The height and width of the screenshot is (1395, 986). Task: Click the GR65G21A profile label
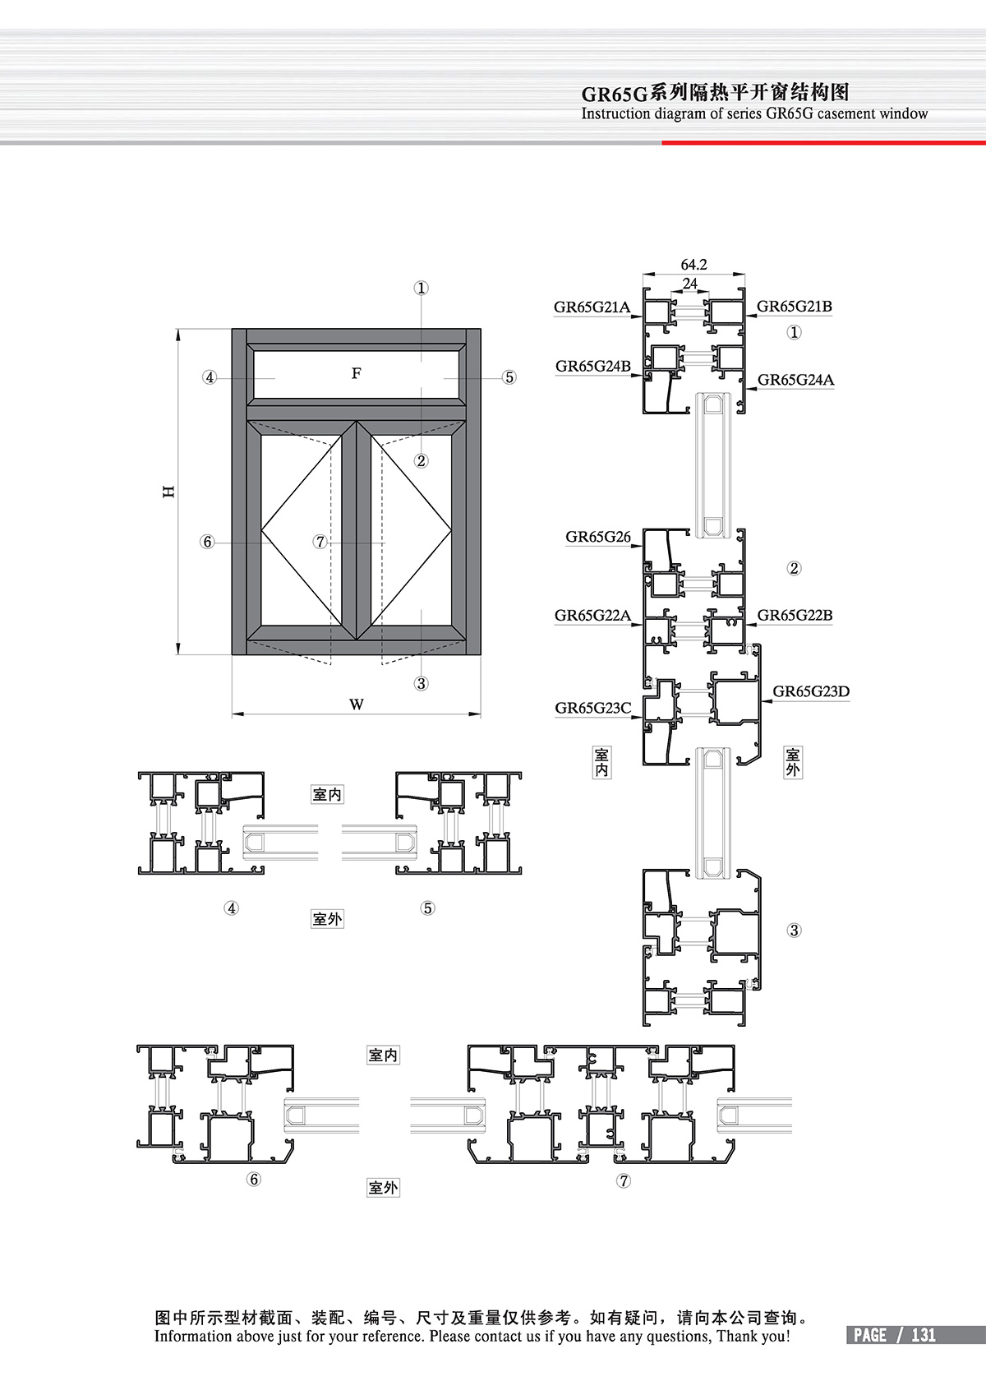tap(592, 307)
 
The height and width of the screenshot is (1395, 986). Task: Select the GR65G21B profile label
tap(794, 307)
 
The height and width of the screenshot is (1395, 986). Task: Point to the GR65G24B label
tap(592, 366)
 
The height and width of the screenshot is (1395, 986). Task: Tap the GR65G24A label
tap(795, 379)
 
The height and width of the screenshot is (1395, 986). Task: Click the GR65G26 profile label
tap(597, 537)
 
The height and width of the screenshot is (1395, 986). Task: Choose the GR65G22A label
tap(592, 615)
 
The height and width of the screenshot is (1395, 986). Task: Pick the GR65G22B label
tap(795, 615)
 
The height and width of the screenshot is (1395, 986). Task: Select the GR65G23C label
tap(592, 708)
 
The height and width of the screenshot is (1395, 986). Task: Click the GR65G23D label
tap(810, 691)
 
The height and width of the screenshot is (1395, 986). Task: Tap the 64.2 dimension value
tap(693, 265)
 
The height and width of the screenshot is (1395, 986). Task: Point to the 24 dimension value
tap(690, 284)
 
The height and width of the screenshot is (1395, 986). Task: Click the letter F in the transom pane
tap(356, 373)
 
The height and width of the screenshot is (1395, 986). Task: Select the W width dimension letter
tap(356, 704)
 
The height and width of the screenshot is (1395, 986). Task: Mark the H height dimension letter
tap(168, 492)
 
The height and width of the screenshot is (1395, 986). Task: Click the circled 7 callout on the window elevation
tap(320, 542)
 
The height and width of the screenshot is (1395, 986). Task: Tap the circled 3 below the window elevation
tap(421, 683)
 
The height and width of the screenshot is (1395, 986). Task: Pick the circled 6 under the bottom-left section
tap(253, 1180)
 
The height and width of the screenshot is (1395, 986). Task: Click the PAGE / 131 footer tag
tap(894, 1335)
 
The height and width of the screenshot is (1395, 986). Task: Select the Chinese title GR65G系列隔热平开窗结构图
tap(715, 92)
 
